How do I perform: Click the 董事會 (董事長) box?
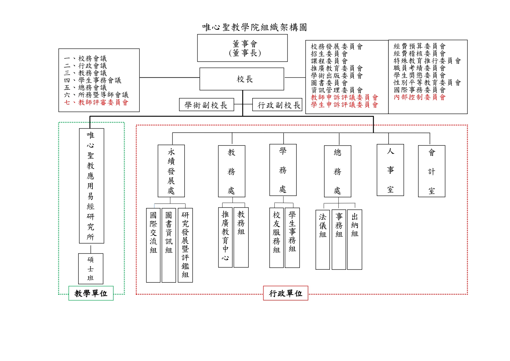(242, 48)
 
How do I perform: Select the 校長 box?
(242, 79)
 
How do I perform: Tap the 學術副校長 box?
(206, 105)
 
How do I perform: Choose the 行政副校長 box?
(278, 105)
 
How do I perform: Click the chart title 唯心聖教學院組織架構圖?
(255, 27)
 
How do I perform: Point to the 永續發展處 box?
(171, 171)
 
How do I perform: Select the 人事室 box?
(390, 170)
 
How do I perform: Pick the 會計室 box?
(432, 171)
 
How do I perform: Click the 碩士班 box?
(91, 268)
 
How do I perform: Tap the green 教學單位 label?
(91, 293)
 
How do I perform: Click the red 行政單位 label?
(286, 293)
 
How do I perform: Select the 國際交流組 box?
(153, 245)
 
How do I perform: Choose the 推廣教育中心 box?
(225, 237)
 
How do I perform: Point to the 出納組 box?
(355, 239)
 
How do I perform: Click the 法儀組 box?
(323, 239)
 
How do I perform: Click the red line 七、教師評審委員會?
(96, 102)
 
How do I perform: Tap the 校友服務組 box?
(276, 237)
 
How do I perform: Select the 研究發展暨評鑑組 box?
(185, 245)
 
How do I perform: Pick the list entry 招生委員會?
(329, 54)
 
